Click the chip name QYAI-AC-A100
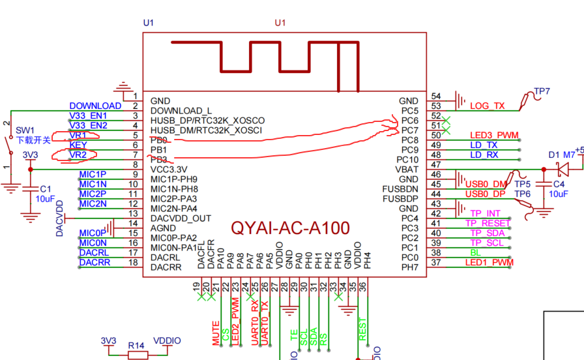[x=290, y=228]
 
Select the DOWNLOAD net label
[x=95, y=106]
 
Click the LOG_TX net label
[x=488, y=106]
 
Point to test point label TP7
[x=542, y=92]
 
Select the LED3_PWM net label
[x=493, y=135]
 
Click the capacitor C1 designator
[x=46, y=188]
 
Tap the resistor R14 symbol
[x=137, y=355]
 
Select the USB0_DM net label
[x=486, y=184]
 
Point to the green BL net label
[x=474, y=252]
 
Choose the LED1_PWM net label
[x=489, y=262]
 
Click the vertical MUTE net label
[x=216, y=333]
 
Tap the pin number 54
[x=436, y=96]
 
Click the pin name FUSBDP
[x=400, y=198]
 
